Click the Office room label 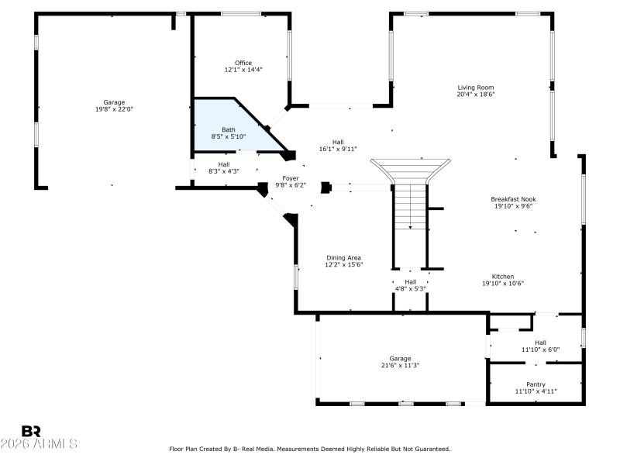pyautogui.click(x=243, y=63)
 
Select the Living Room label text pyautogui.click(x=475, y=88)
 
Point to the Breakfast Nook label pyautogui.click(x=512, y=199)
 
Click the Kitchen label pyautogui.click(x=502, y=277)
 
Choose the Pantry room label pyautogui.click(x=535, y=384)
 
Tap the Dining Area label pyautogui.click(x=343, y=258)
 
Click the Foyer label pyautogui.click(x=291, y=178)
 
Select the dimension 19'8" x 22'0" pyautogui.click(x=114, y=109)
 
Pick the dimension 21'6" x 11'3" pyautogui.click(x=400, y=365)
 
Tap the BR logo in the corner pyautogui.click(x=32, y=431)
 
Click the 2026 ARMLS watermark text pyautogui.click(x=39, y=444)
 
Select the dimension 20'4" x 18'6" pyautogui.click(x=475, y=95)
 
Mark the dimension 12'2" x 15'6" pyautogui.click(x=343, y=265)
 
